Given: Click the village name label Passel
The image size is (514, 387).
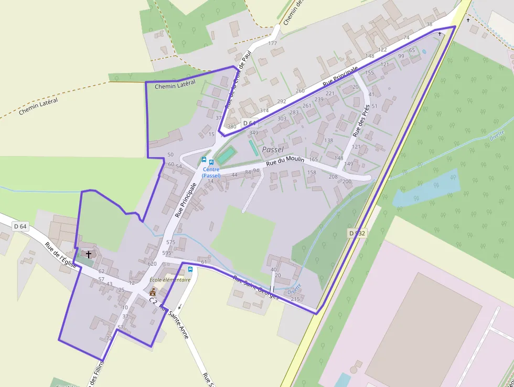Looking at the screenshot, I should coord(272,149).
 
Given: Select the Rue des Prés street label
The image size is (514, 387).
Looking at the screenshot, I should coord(361,121).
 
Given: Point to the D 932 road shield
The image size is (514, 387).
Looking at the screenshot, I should coord(356,232).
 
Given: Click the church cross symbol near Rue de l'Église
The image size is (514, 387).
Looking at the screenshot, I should coord(89,254).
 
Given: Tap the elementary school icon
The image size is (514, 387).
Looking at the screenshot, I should coord(153,291).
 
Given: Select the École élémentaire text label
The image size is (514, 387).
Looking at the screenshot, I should coord(169,280).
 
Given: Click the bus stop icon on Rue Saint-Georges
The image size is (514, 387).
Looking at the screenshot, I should coord(190,269).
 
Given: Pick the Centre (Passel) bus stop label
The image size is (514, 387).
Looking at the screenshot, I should coord(211,172).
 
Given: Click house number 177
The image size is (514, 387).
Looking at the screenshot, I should coord(272,43).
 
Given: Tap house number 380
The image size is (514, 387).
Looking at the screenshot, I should coord(231,127).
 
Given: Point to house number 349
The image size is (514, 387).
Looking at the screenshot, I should coord(254,133).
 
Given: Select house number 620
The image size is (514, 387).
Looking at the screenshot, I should coord(152,264).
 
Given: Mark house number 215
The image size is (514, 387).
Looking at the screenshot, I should coord(295,299).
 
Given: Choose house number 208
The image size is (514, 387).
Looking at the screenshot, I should coord(333,176).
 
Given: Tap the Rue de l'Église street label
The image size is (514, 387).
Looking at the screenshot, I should coord(61,255).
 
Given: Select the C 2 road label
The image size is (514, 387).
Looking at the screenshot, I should coord(153,301).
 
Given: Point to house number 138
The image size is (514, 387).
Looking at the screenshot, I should coord(329,140).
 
